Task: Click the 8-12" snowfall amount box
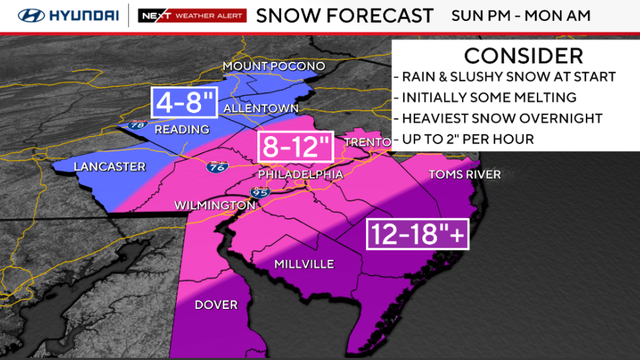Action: pos(296,148)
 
